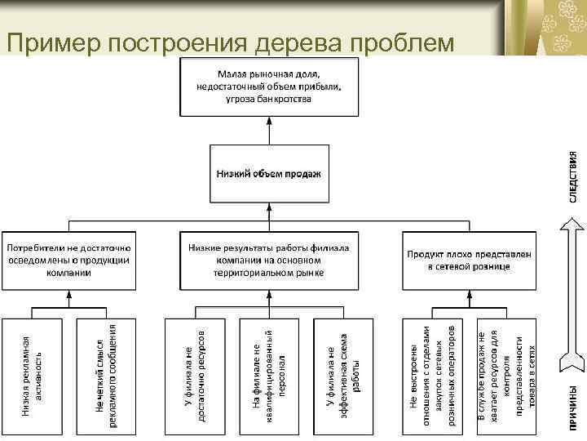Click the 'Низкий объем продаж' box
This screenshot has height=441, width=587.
tap(268, 173)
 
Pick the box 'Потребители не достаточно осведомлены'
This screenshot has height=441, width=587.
tap(69, 261)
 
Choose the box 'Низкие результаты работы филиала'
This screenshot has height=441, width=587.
tap(268, 261)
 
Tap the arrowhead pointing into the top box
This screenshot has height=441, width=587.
tap(268, 122)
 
